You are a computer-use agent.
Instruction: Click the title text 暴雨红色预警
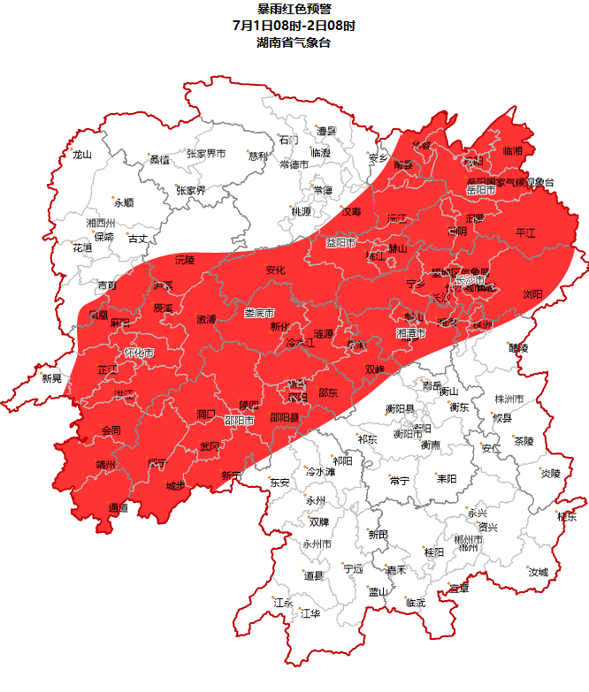294,9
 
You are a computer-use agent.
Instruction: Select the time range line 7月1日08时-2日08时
294,26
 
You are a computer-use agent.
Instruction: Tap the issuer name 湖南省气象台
294,42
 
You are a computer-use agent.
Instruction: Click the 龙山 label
82,155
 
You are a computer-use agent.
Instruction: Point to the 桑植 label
159,160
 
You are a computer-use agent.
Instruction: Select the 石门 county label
288,140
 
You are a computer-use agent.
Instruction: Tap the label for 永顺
123,202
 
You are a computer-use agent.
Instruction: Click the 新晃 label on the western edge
52,378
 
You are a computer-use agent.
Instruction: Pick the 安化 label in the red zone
276,270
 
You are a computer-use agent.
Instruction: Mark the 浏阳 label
532,294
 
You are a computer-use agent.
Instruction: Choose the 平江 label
526,232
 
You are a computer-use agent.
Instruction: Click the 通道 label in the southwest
118,507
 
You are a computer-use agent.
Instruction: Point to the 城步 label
176,486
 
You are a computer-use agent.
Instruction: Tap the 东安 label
279,483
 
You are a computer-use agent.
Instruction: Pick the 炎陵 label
550,473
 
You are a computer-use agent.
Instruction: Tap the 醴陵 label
517,348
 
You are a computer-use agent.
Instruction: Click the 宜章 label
458,588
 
